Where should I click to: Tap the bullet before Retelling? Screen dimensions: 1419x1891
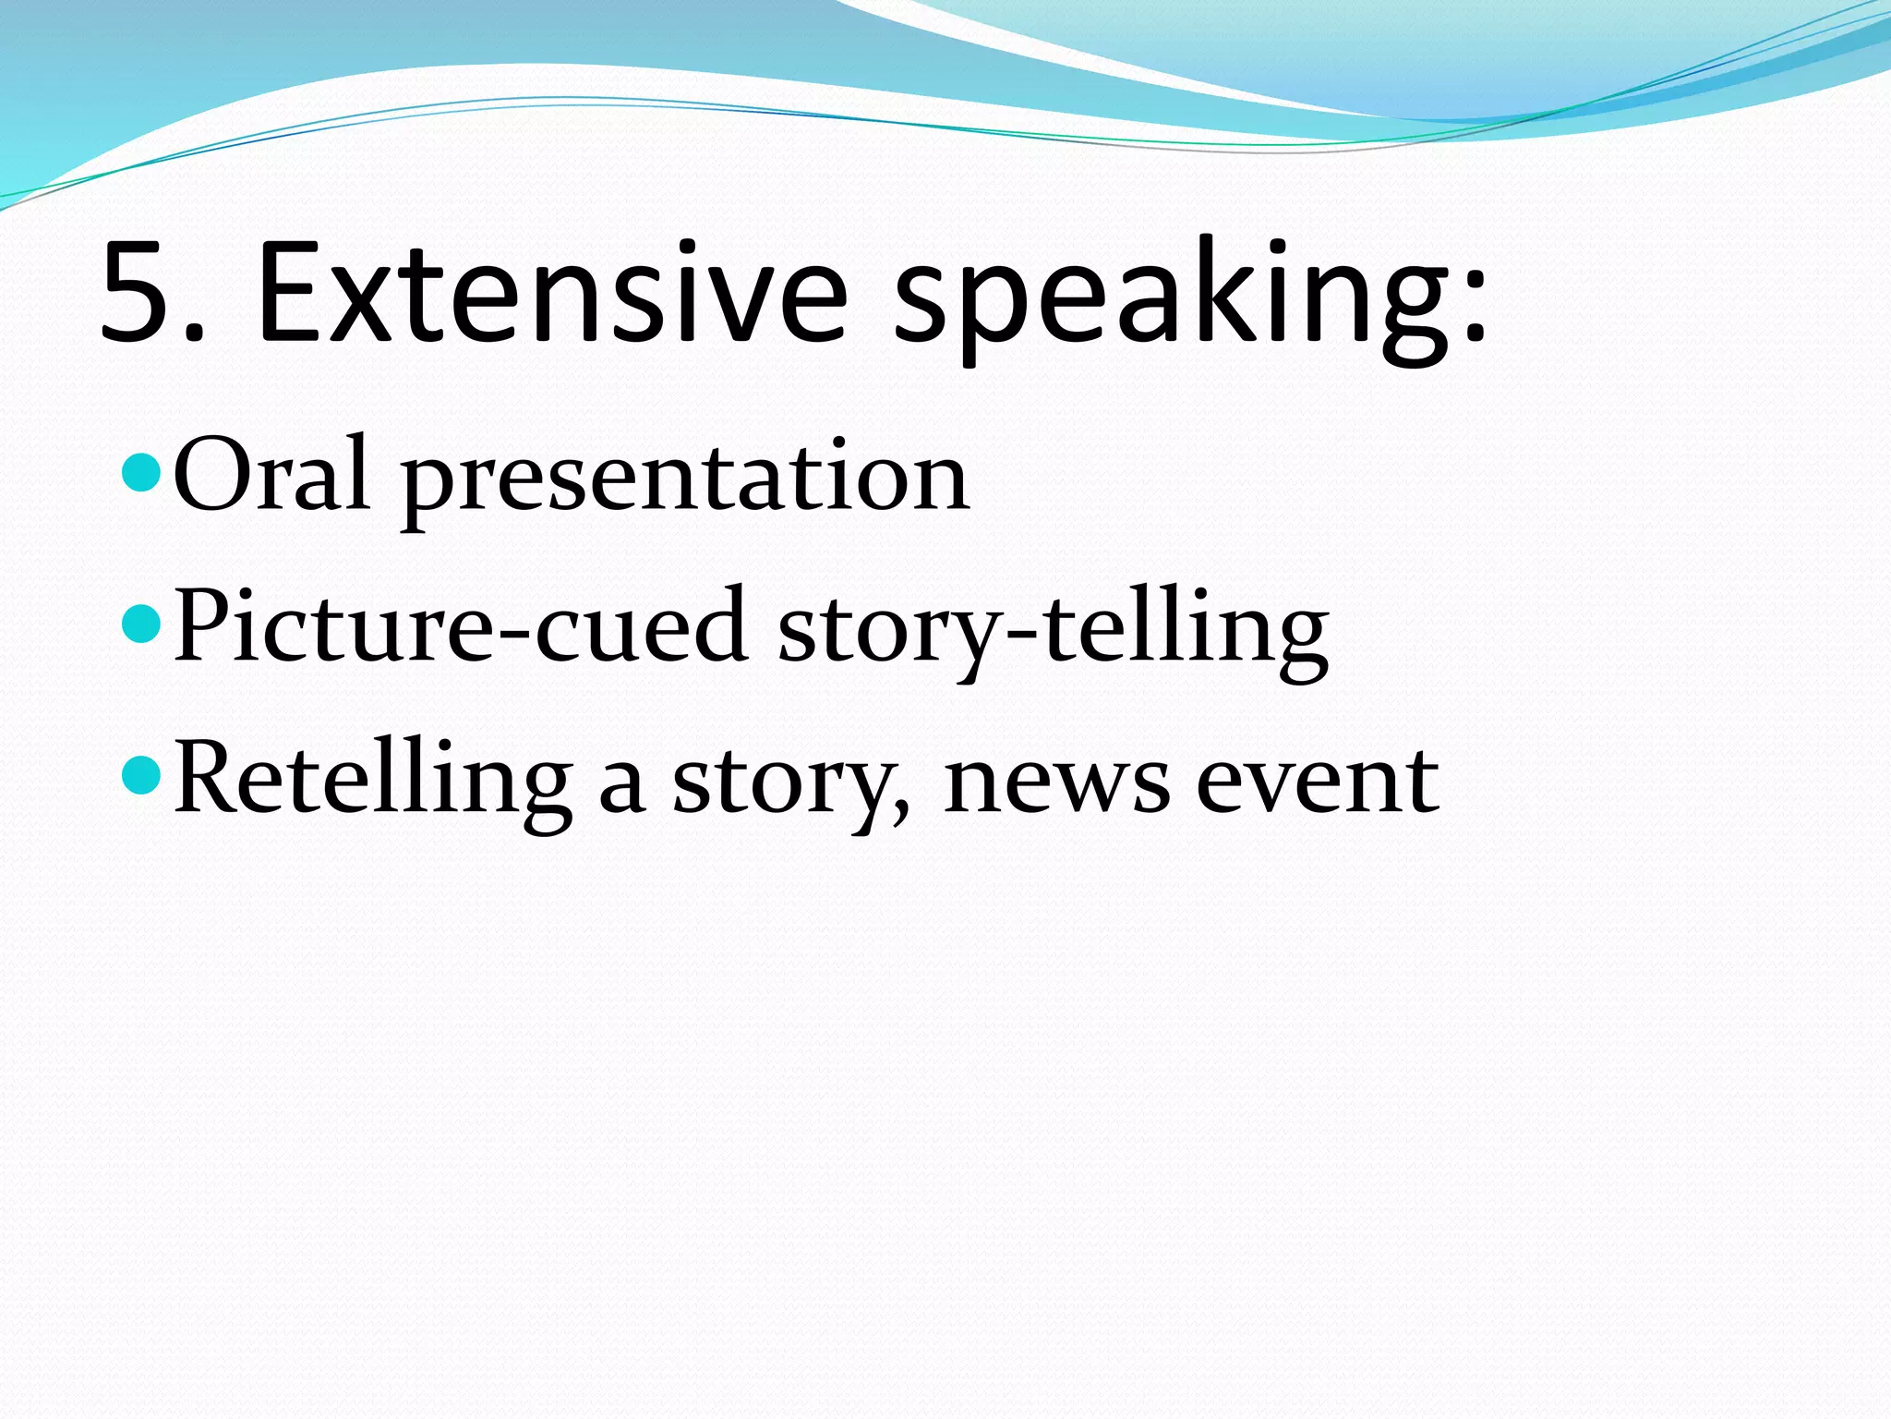[x=141, y=775]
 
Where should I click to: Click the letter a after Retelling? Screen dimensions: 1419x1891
[x=620, y=785]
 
